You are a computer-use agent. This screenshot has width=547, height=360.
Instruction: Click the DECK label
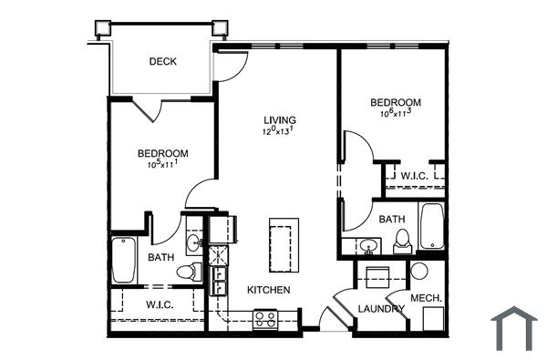163,62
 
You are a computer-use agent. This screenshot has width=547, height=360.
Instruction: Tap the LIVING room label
280,120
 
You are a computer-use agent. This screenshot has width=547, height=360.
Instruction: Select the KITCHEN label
269,290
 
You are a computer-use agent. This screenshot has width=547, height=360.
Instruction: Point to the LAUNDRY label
381,309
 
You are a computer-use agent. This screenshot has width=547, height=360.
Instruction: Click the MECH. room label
427,298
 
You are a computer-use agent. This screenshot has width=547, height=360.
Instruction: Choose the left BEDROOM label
163,153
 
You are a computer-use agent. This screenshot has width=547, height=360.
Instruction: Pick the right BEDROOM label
397,102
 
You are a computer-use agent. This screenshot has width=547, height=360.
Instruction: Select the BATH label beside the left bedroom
161,258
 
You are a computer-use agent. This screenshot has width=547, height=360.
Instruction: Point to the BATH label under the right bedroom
392,219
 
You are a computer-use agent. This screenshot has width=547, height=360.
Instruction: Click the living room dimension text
280,132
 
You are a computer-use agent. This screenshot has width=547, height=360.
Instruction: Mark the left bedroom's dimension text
162,165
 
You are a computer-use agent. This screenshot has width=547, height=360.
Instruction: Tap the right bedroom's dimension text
397,114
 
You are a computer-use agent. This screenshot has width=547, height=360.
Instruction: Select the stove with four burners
265,319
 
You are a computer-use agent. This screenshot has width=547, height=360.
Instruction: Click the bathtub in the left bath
124,261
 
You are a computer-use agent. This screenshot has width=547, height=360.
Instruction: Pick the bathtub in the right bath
431,228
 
